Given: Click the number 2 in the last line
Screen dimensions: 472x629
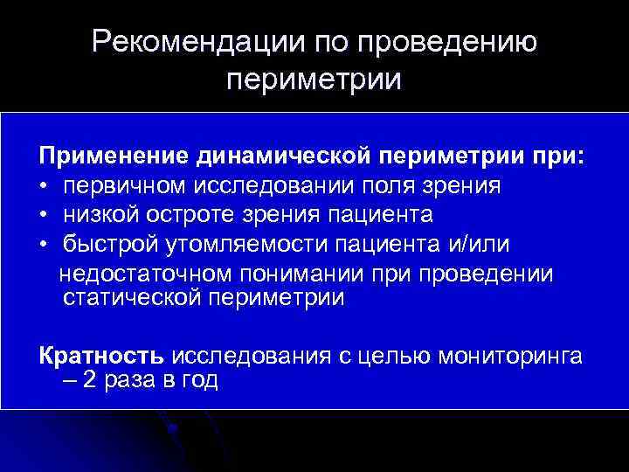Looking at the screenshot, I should (x=92, y=381).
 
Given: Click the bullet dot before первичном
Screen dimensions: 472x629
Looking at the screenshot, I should (x=44, y=187).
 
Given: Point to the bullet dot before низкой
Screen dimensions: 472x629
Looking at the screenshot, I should (x=44, y=215).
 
